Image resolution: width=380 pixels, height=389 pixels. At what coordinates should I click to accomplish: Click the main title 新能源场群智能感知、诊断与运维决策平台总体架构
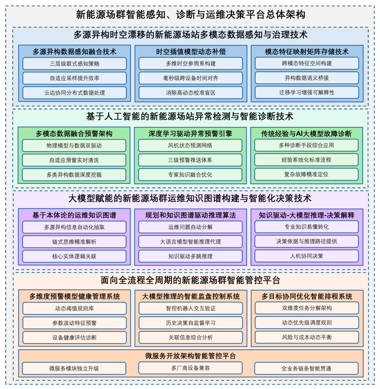(190, 15)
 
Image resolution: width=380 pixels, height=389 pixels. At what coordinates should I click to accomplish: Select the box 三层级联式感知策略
(75, 64)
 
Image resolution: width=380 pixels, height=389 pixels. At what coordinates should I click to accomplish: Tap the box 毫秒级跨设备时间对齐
(190, 78)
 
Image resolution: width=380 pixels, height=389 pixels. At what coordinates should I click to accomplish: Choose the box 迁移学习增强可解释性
(307, 92)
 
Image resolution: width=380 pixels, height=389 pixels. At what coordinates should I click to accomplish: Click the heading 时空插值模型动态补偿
(191, 52)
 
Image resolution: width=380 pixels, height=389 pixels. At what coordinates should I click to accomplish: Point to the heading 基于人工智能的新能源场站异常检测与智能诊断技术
(190, 116)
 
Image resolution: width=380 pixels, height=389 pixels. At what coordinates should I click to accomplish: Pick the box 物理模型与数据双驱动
(74, 145)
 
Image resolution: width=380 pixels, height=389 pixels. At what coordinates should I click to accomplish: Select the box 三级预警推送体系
(190, 160)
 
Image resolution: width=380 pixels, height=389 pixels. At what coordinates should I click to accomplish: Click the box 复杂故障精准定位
(306, 174)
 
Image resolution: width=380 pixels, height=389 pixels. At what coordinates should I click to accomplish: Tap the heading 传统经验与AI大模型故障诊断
(306, 134)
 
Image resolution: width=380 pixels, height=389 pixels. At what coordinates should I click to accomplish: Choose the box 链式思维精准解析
(74, 242)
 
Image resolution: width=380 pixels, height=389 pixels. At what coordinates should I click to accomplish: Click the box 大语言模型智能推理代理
(190, 242)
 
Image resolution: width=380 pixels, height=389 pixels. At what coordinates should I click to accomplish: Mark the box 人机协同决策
(306, 256)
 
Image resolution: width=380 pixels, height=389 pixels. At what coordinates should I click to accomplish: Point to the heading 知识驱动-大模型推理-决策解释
(306, 215)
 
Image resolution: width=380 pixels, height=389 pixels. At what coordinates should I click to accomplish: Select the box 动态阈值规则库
(75, 309)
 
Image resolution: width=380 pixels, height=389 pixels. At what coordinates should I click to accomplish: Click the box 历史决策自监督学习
(190, 323)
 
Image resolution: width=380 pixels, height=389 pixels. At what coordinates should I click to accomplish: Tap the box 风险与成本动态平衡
(307, 337)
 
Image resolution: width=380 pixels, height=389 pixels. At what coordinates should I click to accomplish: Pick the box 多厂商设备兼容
(190, 368)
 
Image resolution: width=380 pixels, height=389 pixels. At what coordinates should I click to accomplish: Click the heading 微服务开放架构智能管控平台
(190, 356)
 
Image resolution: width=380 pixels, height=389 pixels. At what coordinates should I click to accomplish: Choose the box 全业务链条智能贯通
(306, 368)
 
